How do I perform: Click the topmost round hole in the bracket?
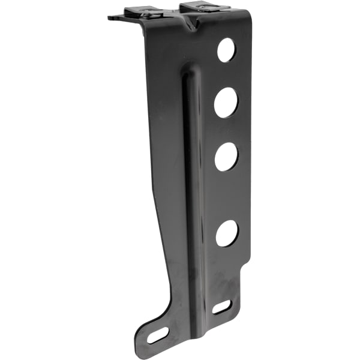point(226,50)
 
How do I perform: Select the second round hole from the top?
point(226,102)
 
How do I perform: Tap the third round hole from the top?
point(227,157)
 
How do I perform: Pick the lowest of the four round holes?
point(227,233)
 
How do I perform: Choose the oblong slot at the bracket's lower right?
point(221,307)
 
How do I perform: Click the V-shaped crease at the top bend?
point(193,24)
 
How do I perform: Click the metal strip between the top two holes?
point(226,76)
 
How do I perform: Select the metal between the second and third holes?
point(227,130)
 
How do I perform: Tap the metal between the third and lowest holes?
point(227,195)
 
